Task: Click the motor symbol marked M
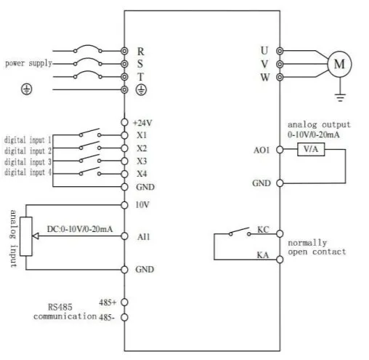point(338,64)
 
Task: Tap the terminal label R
point(141,51)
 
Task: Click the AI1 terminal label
point(143,236)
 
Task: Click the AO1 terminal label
point(261,151)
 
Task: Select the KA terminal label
point(264,255)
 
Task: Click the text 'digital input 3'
point(28,161)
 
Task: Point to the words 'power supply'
point(28,63)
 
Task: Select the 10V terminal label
point(142,204)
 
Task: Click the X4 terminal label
point(141,174)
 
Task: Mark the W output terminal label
point(265,77)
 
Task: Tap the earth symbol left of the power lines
point(27,89)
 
